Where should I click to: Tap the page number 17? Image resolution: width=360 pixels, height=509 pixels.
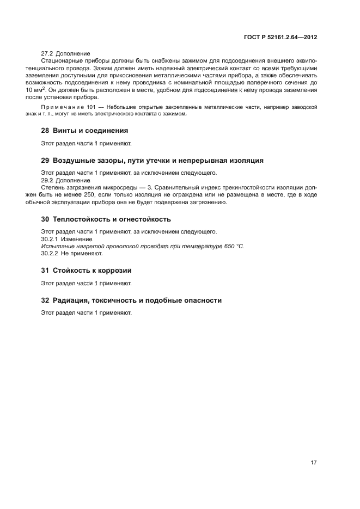(x=314, y=463)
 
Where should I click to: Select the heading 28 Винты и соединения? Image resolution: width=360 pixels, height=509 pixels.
(x=84, y=131)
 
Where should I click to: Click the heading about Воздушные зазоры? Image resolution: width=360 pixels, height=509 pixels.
(x=152, y=161)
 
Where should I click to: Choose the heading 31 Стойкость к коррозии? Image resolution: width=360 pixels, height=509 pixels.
(x=87, y=271)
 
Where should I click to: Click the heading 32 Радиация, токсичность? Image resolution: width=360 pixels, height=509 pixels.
(x=131, y=300)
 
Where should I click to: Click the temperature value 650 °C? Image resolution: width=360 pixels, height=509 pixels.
(x=234, y=247)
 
